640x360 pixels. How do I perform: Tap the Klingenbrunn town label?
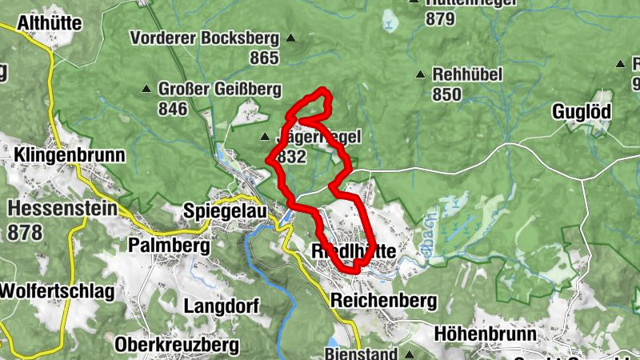[x=69, y=154]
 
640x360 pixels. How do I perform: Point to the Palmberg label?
[x=168, y=245]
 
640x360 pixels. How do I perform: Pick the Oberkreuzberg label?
[x=178, y=345]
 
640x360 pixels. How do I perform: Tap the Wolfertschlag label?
[x=57, y=290]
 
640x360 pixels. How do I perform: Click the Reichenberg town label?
[x=384, y=301]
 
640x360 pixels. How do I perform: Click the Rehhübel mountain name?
[x=467, y=74]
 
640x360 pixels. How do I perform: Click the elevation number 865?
[x=264, y=58]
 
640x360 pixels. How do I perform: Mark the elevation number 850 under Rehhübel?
[x=446, y=94]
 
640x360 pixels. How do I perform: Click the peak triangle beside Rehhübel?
[x=421, y=75]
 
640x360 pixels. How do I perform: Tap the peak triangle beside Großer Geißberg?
[x=146, y=89]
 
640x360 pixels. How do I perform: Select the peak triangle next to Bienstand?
[x=409, y=354]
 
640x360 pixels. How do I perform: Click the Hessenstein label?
[x=62, y=210]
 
